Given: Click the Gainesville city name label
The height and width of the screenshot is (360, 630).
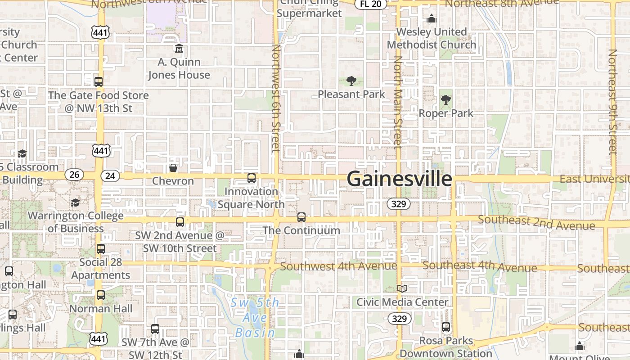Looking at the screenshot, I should (399, 179).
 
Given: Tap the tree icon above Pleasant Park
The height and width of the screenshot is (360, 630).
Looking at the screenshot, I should (351, 81).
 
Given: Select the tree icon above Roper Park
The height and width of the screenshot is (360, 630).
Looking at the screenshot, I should (446, 100).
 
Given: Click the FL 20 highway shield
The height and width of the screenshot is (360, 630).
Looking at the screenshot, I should (370, 4).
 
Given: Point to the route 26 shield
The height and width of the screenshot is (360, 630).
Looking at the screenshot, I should (74, 175).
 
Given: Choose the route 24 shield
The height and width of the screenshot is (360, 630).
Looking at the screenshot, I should (110, 176).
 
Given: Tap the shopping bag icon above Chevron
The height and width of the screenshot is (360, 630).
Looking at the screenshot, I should (173, 168).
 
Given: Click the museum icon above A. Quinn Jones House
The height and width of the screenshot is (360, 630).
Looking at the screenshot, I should (179, 49).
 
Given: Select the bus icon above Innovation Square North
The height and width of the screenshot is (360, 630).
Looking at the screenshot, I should (252, 178).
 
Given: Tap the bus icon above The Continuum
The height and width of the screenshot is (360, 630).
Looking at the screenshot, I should (301, 217).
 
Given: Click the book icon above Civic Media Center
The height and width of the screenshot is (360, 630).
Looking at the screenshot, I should (402, 288).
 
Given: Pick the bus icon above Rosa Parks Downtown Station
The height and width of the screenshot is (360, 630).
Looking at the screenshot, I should (446, 327).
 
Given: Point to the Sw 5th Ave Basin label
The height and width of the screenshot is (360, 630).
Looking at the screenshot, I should (255, 318).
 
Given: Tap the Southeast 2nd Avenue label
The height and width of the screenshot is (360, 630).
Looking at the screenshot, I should (536, 222).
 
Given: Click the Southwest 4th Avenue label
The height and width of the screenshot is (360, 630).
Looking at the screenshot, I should (338, 266).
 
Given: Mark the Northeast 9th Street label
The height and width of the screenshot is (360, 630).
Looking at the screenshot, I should (612, 102).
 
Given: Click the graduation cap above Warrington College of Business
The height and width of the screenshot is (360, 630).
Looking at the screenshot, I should (76, 203).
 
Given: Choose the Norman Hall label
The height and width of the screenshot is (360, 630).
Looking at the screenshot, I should (101, 309).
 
